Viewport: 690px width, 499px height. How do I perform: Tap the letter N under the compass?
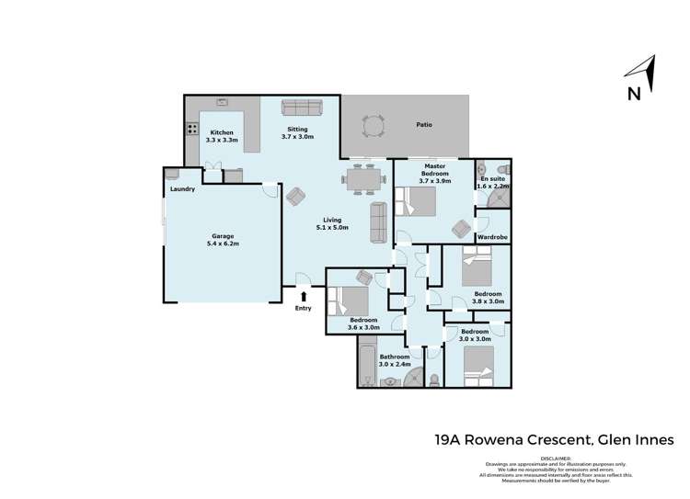tap(633, 93)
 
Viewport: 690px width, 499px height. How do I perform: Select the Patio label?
tap(423, 124)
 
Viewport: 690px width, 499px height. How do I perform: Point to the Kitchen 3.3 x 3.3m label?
tap(222, 136)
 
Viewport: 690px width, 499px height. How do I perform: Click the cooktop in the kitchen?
tap(193, 130)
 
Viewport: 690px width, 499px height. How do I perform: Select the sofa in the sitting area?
tap(300, 108)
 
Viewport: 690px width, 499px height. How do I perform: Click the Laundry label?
tap(182, 190)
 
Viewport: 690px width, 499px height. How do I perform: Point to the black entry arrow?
tap(304, 295)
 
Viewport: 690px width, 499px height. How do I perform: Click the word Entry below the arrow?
tap(304, 308)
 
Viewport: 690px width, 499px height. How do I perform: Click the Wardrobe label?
tap(492, 237)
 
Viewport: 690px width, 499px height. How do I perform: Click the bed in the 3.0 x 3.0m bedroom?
tap(479, 364)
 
